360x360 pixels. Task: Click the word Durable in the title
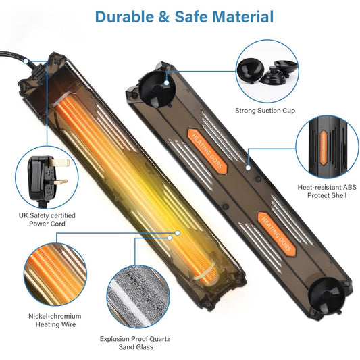124,16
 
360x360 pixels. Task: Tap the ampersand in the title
164,17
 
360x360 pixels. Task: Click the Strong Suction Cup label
265,111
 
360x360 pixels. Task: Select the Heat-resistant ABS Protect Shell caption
327,191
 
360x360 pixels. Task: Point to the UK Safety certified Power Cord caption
47,220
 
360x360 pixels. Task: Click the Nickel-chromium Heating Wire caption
55,320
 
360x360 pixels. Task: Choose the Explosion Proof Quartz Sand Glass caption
135,343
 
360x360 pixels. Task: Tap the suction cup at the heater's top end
157,89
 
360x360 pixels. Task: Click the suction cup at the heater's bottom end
326,295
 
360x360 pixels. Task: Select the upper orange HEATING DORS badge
207,151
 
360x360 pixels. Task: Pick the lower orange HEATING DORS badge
277,234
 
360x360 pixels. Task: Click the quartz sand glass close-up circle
138,297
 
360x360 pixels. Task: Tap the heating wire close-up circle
55,274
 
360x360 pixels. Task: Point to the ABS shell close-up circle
327,147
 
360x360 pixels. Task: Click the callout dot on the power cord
26,61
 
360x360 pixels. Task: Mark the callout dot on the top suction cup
167,82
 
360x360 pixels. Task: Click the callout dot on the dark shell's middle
248,168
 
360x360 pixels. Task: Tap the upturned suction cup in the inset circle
249,70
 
